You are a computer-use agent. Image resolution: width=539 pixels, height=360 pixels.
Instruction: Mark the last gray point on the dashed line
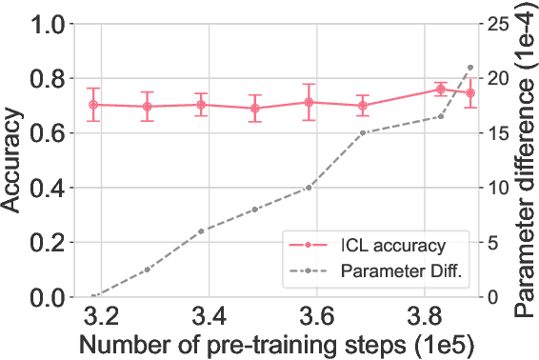tap(470, 68)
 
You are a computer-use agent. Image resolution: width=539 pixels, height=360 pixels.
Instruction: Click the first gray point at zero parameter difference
tap(93, 297)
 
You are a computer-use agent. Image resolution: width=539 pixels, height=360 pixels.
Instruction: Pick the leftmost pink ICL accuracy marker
tap(93, 105)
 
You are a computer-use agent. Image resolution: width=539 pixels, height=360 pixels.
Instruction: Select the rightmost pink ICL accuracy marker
tap(470, 93)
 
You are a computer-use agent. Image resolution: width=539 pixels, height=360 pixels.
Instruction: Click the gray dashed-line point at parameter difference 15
tap(363, 132)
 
